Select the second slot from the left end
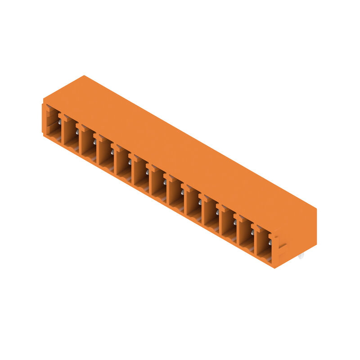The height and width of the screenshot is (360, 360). tap(71, 132)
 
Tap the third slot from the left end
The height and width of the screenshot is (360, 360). tap(89, 141)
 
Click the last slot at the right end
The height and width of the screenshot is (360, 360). tap(264, 245)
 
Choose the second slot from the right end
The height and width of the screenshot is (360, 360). tap(246, 235)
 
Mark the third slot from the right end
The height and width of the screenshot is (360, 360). tap(229, 225)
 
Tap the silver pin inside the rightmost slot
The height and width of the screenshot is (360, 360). tap(270, 243)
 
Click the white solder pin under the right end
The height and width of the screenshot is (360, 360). tap(301, 256)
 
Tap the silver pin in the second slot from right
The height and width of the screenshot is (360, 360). tap(252, 233)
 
